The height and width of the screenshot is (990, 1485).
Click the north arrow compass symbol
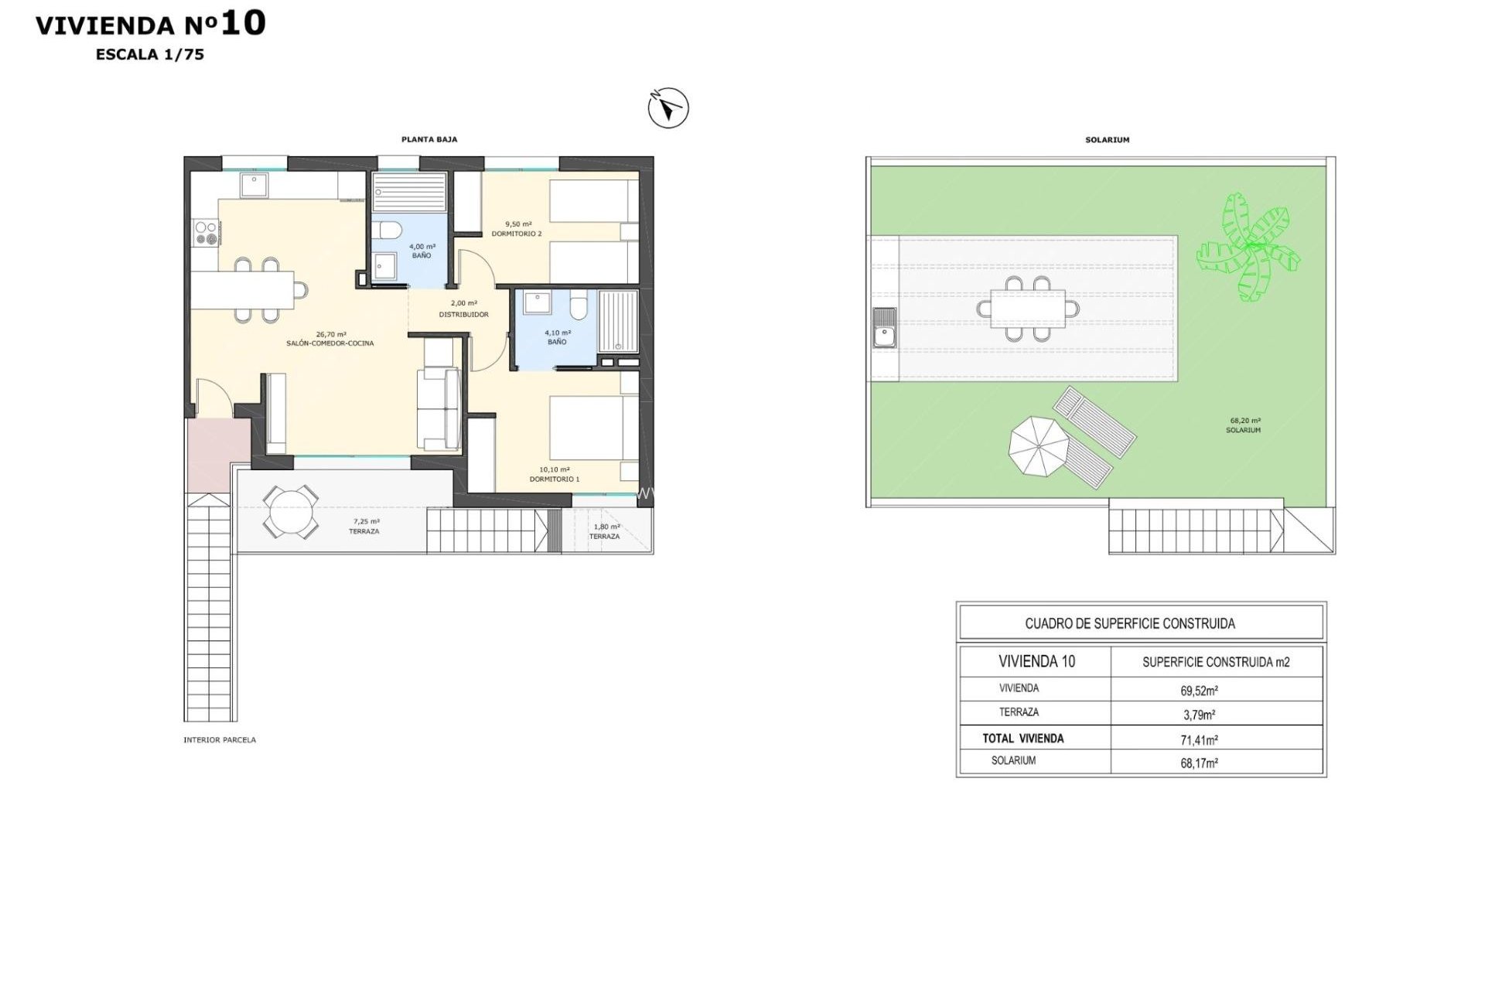pyautogui.click(x=668, y=108)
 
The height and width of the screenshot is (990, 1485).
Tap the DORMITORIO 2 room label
pyautogui.click(x=517, y=234)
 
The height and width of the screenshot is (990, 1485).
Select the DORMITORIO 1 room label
pyautogui.click(x=554, y=479)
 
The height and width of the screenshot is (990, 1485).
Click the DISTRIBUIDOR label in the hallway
pyautogui.click(x=463, y=315)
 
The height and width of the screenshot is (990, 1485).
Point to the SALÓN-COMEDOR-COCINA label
pyautogui.click(x=330, y=343)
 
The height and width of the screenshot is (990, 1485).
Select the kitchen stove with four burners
pyautogui.click(x=205, y=233)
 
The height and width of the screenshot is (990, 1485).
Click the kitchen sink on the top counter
pyautogui.click(x=253, y=185)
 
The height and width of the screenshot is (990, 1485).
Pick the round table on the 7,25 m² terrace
pyautogui.click(x=290, y=511)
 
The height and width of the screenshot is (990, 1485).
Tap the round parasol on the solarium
pyautogui.click(x=1039, y=447)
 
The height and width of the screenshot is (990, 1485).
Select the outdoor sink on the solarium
pyautogui.click(x=883, y=327)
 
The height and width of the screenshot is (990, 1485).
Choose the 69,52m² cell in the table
pyautogui.click(x=1199, y=690)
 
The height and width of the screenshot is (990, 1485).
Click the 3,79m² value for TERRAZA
pyautogui.click(x=1199, y=715)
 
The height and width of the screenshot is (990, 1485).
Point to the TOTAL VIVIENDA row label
pyautogui.click(x=1022, y=739)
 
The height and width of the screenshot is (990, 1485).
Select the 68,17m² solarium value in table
pyautogui.click(x=1199, y=763)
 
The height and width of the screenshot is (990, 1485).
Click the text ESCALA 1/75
pyautogui.click(x=150, y=54)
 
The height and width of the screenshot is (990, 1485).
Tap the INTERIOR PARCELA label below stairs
pyautogui.click(x=220, y=740)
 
